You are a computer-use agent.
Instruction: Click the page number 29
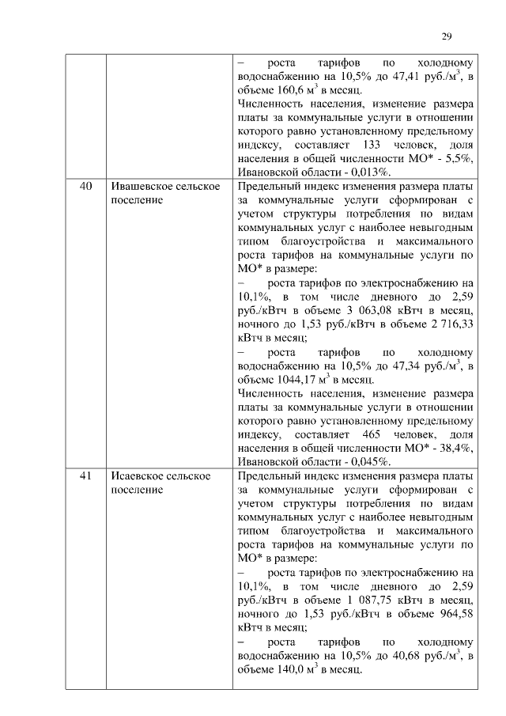[x=446, y=36]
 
